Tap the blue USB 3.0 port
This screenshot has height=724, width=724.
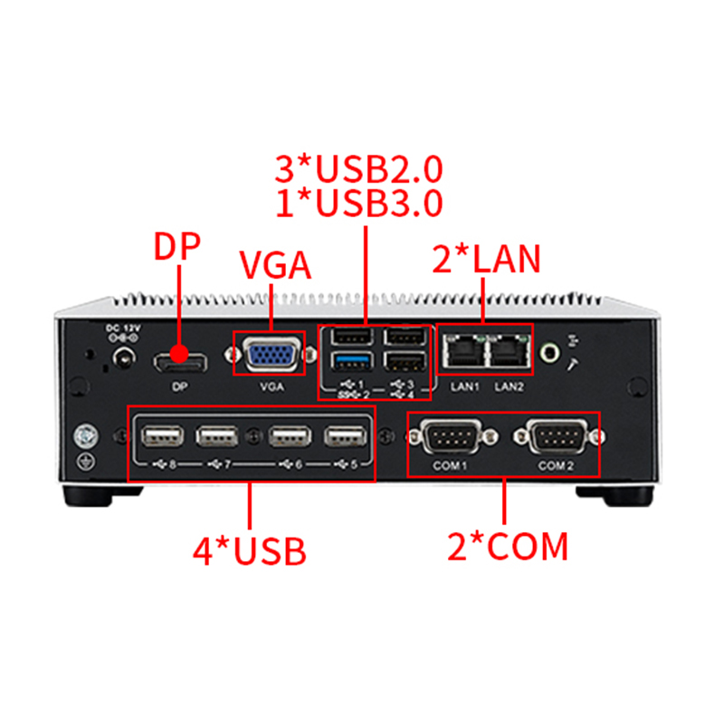point(352,361)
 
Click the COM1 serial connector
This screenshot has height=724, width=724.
point(452,436)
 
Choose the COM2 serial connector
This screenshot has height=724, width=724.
point(557,436)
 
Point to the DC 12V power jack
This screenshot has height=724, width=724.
point(123,357)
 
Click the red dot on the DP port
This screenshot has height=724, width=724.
point(179,354)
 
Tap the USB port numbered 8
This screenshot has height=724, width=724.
point(162,436)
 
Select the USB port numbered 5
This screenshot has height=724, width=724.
point(346,436)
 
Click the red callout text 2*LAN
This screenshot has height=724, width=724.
point(486,259)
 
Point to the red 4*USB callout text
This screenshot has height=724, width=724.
point(250,550)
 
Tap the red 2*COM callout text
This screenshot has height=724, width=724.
point(508,547)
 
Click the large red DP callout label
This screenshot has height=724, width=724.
point(176,246)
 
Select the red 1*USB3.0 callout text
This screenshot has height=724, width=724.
point(358,203)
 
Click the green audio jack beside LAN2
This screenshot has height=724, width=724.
point(549,353)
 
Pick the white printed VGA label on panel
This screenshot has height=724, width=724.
point(271,386)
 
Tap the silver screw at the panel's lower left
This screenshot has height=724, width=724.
point(86,437)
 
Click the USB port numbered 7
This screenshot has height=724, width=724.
point(217,436)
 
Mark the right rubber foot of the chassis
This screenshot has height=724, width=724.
point(615,495)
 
